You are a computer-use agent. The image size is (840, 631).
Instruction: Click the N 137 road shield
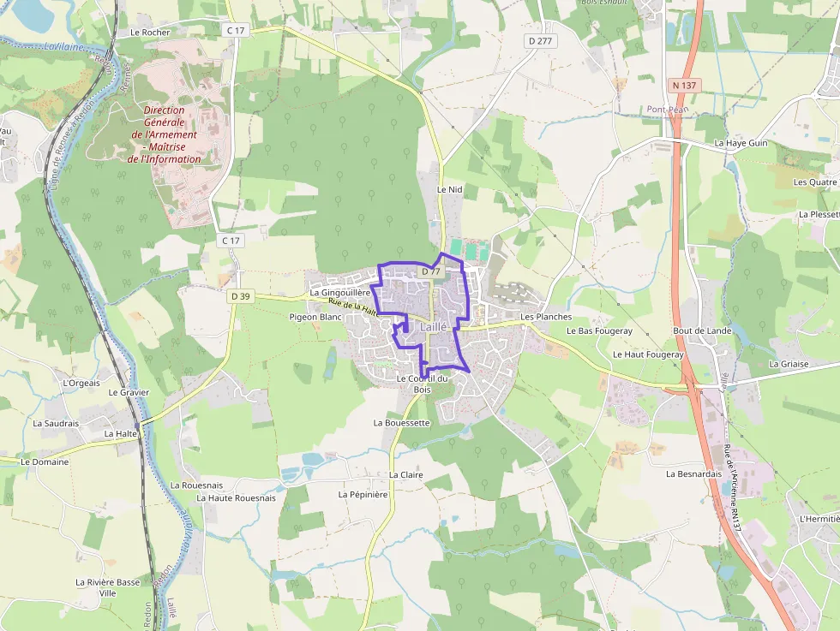[685, 85]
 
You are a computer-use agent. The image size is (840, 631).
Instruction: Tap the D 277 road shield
[539, 40]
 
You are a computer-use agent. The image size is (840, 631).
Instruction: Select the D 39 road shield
[240, 296]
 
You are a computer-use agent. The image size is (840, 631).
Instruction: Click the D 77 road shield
[430, 271]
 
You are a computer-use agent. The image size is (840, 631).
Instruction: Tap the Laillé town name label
[434, 327]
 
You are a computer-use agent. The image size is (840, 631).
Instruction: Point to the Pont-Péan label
[668, 110]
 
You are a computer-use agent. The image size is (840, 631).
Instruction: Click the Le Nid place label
[449, 189]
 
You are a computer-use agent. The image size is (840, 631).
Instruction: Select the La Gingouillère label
[340, 293]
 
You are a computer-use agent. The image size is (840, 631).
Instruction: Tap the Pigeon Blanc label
[315, 317]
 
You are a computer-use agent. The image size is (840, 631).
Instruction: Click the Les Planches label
[546, 317]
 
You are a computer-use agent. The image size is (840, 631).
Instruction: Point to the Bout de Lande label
[702, 330]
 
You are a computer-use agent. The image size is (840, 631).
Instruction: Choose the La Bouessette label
[401, 423]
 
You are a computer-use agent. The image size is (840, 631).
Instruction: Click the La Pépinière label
[363, 494]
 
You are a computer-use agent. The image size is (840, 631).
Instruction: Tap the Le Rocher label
[151, 33]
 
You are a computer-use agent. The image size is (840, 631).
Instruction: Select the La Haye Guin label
[741, 143]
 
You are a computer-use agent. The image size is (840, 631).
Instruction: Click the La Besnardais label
[694, 473]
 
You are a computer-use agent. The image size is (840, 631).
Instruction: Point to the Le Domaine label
[45, 461]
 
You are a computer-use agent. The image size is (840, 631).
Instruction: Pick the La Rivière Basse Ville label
[107, 587]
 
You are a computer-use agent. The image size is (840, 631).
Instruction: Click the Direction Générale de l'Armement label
[165, 134]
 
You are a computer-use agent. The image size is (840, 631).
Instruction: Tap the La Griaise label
[789, 363]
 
